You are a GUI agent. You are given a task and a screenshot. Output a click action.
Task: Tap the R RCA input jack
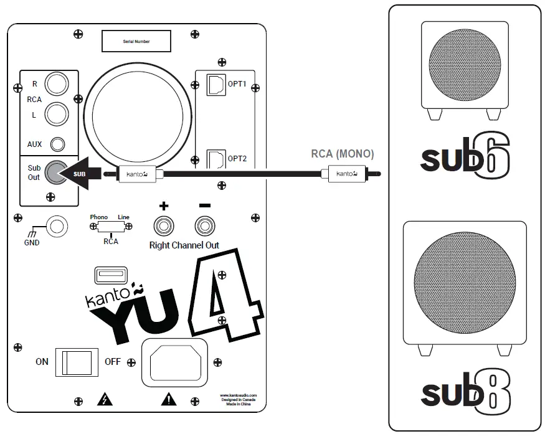(x=57, y=84)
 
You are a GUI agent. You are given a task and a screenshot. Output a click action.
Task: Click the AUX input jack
(x=58, y=144)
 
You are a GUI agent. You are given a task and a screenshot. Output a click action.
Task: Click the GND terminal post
(x=58, y=225)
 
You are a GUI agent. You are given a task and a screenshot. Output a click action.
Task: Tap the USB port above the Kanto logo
(x=110, y=275)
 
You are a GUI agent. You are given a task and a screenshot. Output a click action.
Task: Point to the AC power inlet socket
(x=174, y=361)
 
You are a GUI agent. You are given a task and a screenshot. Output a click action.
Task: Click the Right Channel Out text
(x=184, y=245)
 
